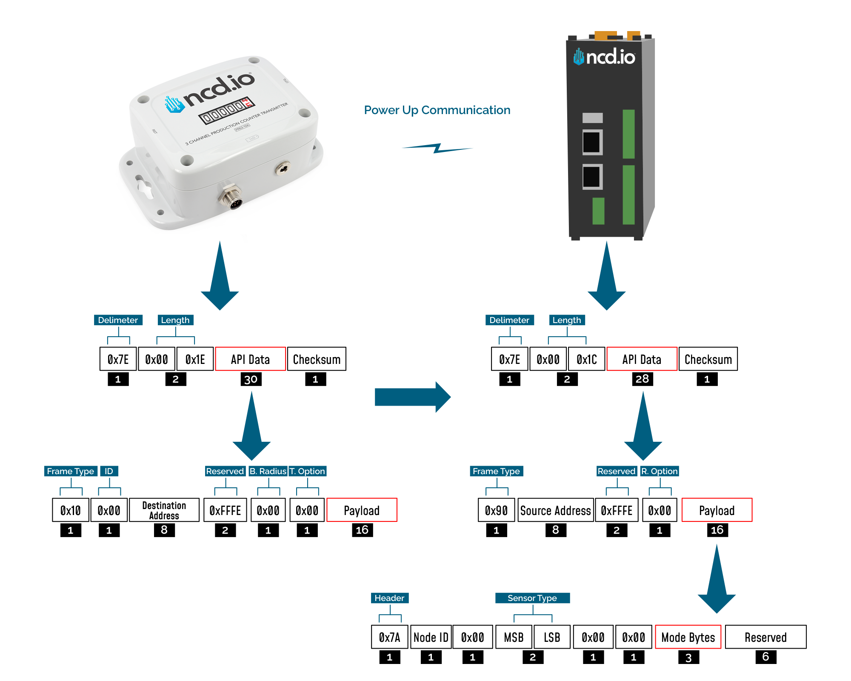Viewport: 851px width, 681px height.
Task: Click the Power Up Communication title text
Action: pyautogui.click(x=437, y=110)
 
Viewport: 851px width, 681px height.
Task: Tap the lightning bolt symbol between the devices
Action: pyautogui.click(x=437, y=148)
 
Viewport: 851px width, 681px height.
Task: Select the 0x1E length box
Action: pyautogui.click(x=195, y=359)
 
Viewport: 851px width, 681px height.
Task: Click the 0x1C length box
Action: pyautogui.click(x=586, y=359)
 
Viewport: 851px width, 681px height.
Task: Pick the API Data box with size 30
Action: pyautogui.click(x=250, y=359)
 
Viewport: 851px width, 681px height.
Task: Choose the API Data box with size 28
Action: pyautogui.click(x=642, y=359)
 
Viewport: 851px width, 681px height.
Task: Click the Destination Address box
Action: pyautogui.click(x=164, y=510)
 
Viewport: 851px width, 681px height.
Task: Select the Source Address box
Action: pyautogui.click(x=555, y=510)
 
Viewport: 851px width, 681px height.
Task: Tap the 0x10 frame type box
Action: pyautogui.click(x=71, y=510)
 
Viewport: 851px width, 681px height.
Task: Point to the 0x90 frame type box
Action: pyautogui.click(x=496, y=510)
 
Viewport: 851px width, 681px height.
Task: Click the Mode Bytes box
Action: pyautogui.click(x=688, y=637)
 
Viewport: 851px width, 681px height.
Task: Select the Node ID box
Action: pyautogui.click(x=431, y=637)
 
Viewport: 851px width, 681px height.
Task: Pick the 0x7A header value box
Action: pyautogui.click(x=389, y=637)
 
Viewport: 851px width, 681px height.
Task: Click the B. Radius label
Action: pyautogui.click(x=268, y=471)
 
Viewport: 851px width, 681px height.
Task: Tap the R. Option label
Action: pyautogui.click(x=660, y=471)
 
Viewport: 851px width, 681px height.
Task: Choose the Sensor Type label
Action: pyautogui.click(x=532, y=598)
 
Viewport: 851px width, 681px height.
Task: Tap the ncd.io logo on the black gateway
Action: pyautogui.click(x=604, y=57)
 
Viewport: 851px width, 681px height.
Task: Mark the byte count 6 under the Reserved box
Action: pyautogui.click(x=765, y=657)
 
